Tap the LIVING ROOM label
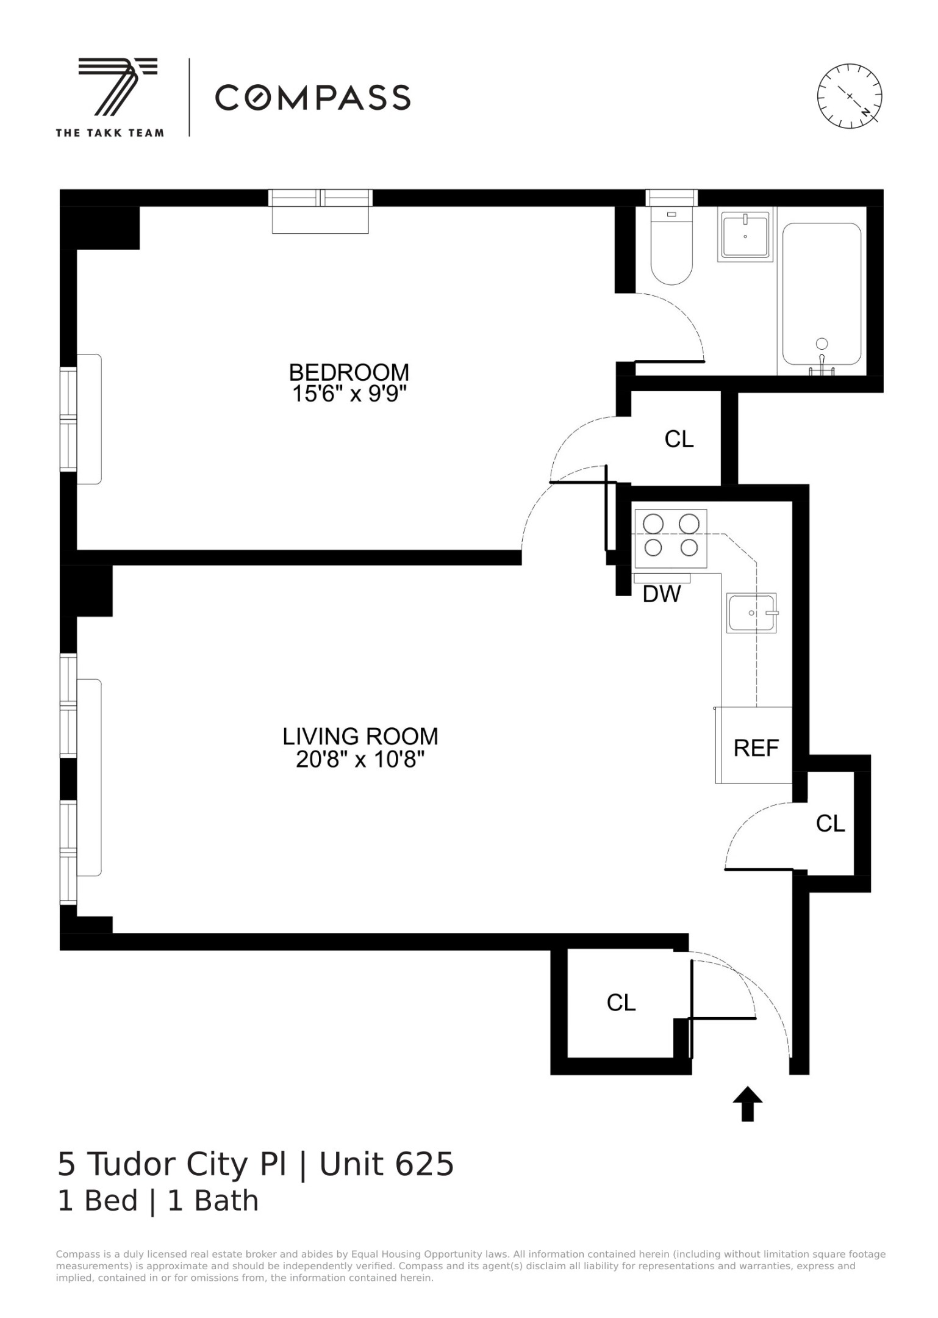click(360, 736)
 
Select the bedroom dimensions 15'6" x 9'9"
click(349, 394)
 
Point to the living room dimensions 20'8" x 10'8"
click(360, 760)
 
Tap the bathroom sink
click(745, 235)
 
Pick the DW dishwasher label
click(662, 594)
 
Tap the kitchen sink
click(752, 613)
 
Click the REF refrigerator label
click(756, 748)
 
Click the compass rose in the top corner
click(849, 96)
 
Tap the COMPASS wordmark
click(312, 98)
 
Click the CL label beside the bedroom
click(679, 439)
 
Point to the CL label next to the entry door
click(621, 1003)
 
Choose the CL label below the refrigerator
click(830, 824)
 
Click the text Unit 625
click(387, 1164)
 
